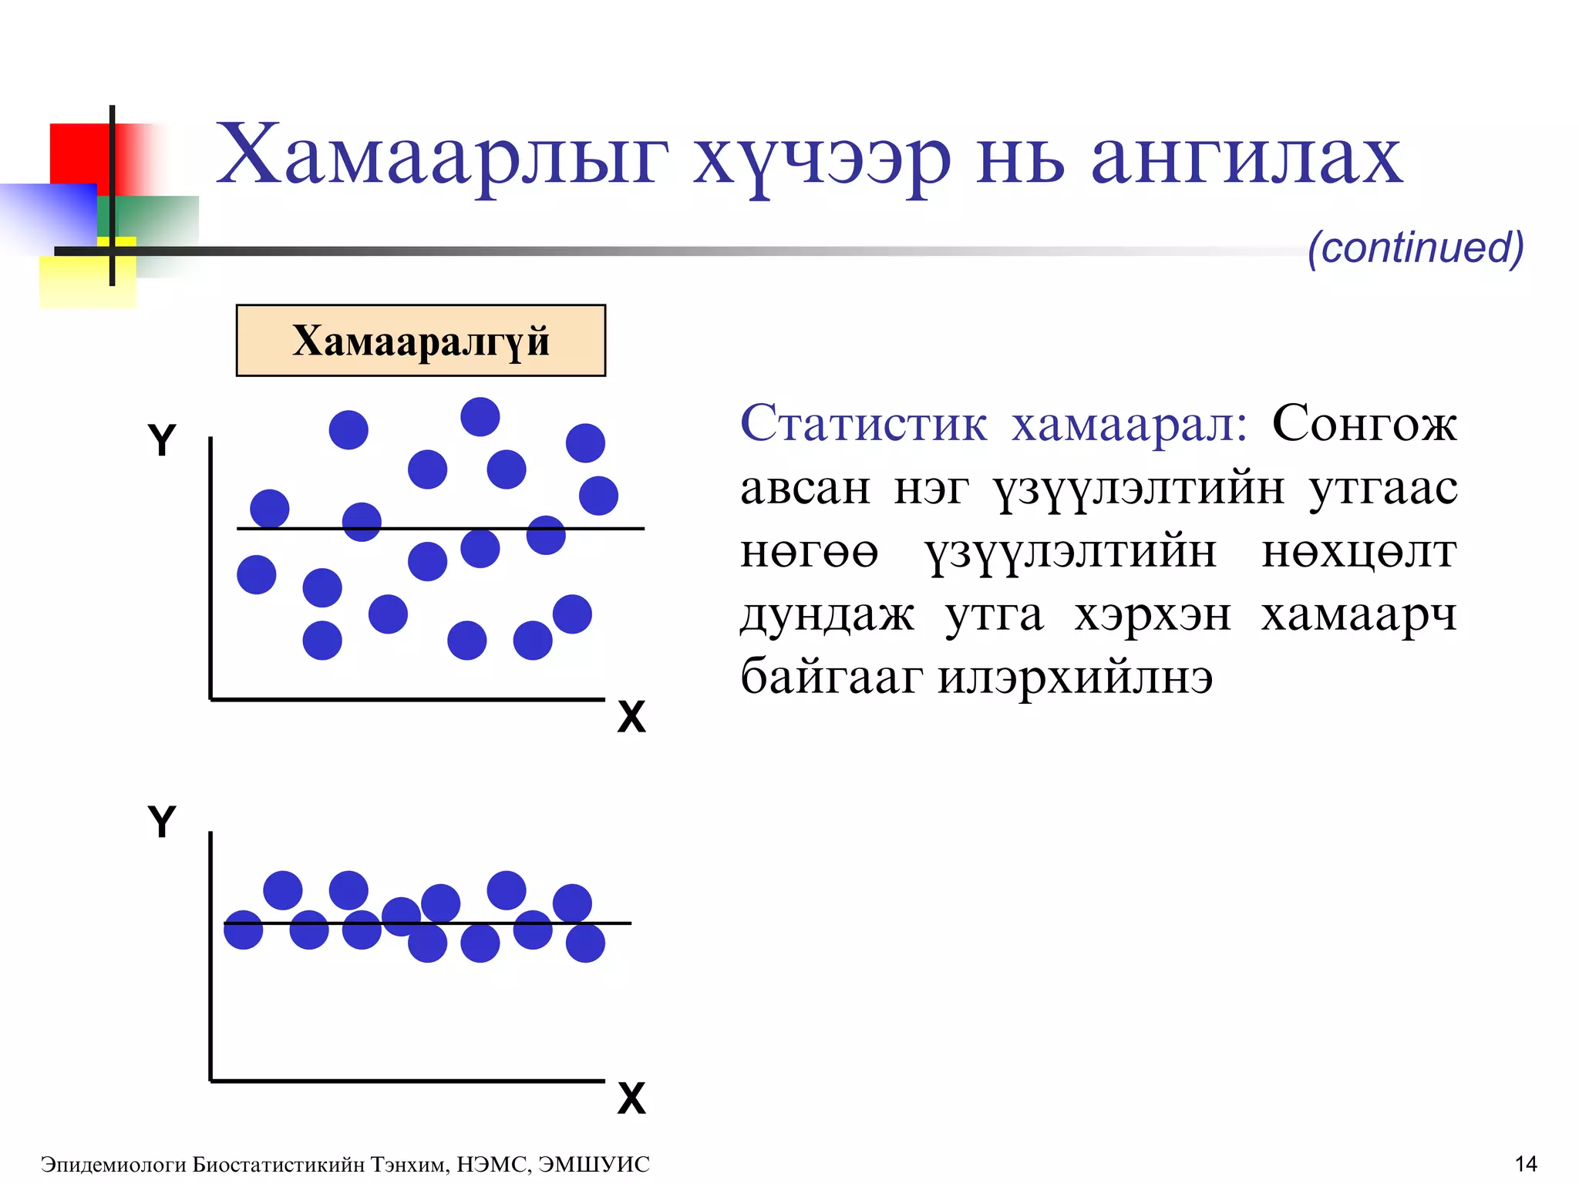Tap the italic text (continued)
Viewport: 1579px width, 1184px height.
pyautogui.click(x=1416, y=248)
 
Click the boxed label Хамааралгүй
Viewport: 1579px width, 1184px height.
pyautogui.click(x=420, y=341)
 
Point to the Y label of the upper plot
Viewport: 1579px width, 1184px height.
pyautogui.click(x=162, y=441)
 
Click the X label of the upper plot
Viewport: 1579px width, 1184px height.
pyautogui.click(x=631, y=717)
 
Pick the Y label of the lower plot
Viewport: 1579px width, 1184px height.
pyautogui.click(x=162, y=822)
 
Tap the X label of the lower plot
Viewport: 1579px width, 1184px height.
pyautogui.click(x=631, y=1098)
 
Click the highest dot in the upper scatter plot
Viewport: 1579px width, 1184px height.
pyautogui.click(x=480, y=417)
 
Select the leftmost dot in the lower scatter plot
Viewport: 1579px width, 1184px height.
pyautogui.click(x=243, y=930)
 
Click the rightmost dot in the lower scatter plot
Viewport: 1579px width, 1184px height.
pyautogui.click(x=585, y=943)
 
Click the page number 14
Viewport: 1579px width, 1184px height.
pyautogui.click(x=1526, y=1163)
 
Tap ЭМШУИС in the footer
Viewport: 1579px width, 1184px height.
pyautogui.click(x=594, y=1164)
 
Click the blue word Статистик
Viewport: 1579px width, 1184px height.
pyautogui.click(x=863, y=423)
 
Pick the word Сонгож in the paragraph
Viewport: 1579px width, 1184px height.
pyautogui.click(x=1364, y=423)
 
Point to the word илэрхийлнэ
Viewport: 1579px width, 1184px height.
pyautogui.click(x=1075, y=678)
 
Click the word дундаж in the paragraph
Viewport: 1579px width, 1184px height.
pyautogui.click(x=827, y=615)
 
